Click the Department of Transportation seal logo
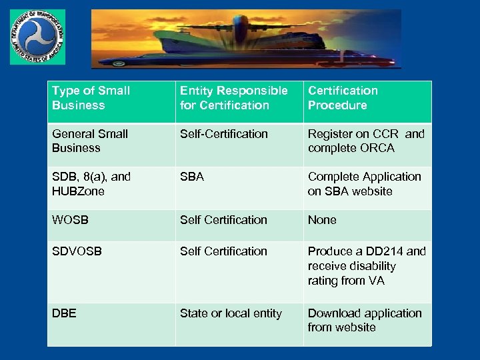coord(38,37)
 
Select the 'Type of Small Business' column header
coord(91,98)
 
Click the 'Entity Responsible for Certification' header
coord(233,98)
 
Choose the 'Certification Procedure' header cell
coord(343,98)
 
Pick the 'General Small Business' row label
coord(89,141)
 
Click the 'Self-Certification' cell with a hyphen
coord(223,134)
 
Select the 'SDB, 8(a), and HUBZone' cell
coord(91,184)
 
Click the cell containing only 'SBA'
coord(192,177)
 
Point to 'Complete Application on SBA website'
coord(364,184)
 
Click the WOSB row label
coord(70,220)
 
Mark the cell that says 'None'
coord(322,220)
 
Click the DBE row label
coord(64,313)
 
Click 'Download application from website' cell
coord(364,320)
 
